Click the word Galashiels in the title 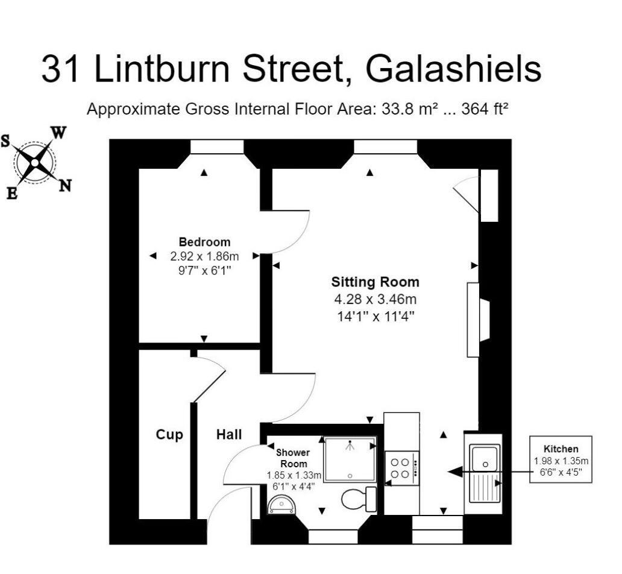[453, 69]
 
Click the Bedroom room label [204, 242]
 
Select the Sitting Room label [375, 282]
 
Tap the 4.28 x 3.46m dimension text [375, 299]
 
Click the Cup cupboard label [169, 435]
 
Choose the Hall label [229, 435]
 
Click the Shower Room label [293, 458]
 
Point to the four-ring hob [401, 468]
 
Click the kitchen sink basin [485, 459]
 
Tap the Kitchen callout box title [561, 449]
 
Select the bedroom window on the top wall [217, 147]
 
